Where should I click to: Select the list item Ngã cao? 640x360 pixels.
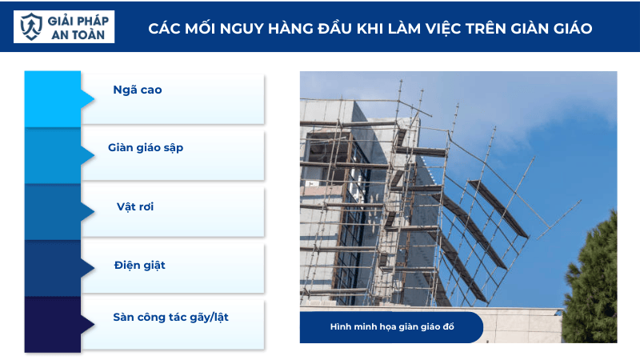click(138, 90)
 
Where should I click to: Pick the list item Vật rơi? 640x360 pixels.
click(134, 206)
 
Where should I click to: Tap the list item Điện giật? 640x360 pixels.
click(140, 264)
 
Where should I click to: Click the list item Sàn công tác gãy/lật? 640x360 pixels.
click(177, 317)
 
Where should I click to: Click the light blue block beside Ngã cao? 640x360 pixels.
click(53, 98)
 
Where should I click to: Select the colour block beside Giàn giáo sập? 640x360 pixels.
click(53, 156)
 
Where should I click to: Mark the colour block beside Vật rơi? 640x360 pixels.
click(53, 212)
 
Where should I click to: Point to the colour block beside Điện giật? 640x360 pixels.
click(53, 268)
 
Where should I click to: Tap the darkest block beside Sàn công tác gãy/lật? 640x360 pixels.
click(53, 324)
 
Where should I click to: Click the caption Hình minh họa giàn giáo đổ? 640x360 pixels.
click(391, 327)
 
